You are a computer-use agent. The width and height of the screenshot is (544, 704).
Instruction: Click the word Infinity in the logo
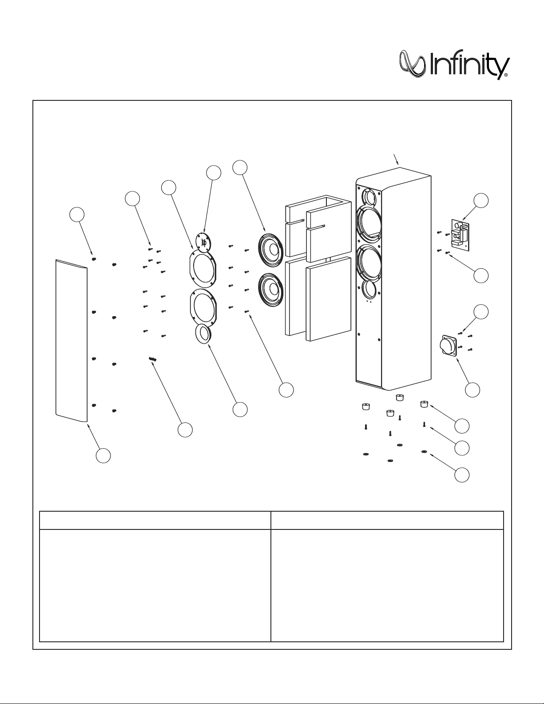click(469, 66)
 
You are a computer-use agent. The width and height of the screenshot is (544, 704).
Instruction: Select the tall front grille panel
click(71, 340)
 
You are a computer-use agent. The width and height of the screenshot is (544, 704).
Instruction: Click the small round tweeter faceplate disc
click(204, 243)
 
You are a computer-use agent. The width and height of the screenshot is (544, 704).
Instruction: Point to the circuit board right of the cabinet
click(460, 233)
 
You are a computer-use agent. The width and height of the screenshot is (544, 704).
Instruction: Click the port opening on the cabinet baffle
click(368, 289)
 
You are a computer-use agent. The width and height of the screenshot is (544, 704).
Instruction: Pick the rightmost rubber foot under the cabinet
click(424, 404)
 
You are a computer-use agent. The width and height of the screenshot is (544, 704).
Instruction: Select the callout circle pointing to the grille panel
click(104, 456)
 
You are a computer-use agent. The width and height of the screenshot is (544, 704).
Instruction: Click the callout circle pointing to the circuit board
click(481, 200)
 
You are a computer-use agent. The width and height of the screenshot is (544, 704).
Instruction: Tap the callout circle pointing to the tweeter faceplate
click(214, 173)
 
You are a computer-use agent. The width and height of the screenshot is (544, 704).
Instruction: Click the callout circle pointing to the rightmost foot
click(462, 426)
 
